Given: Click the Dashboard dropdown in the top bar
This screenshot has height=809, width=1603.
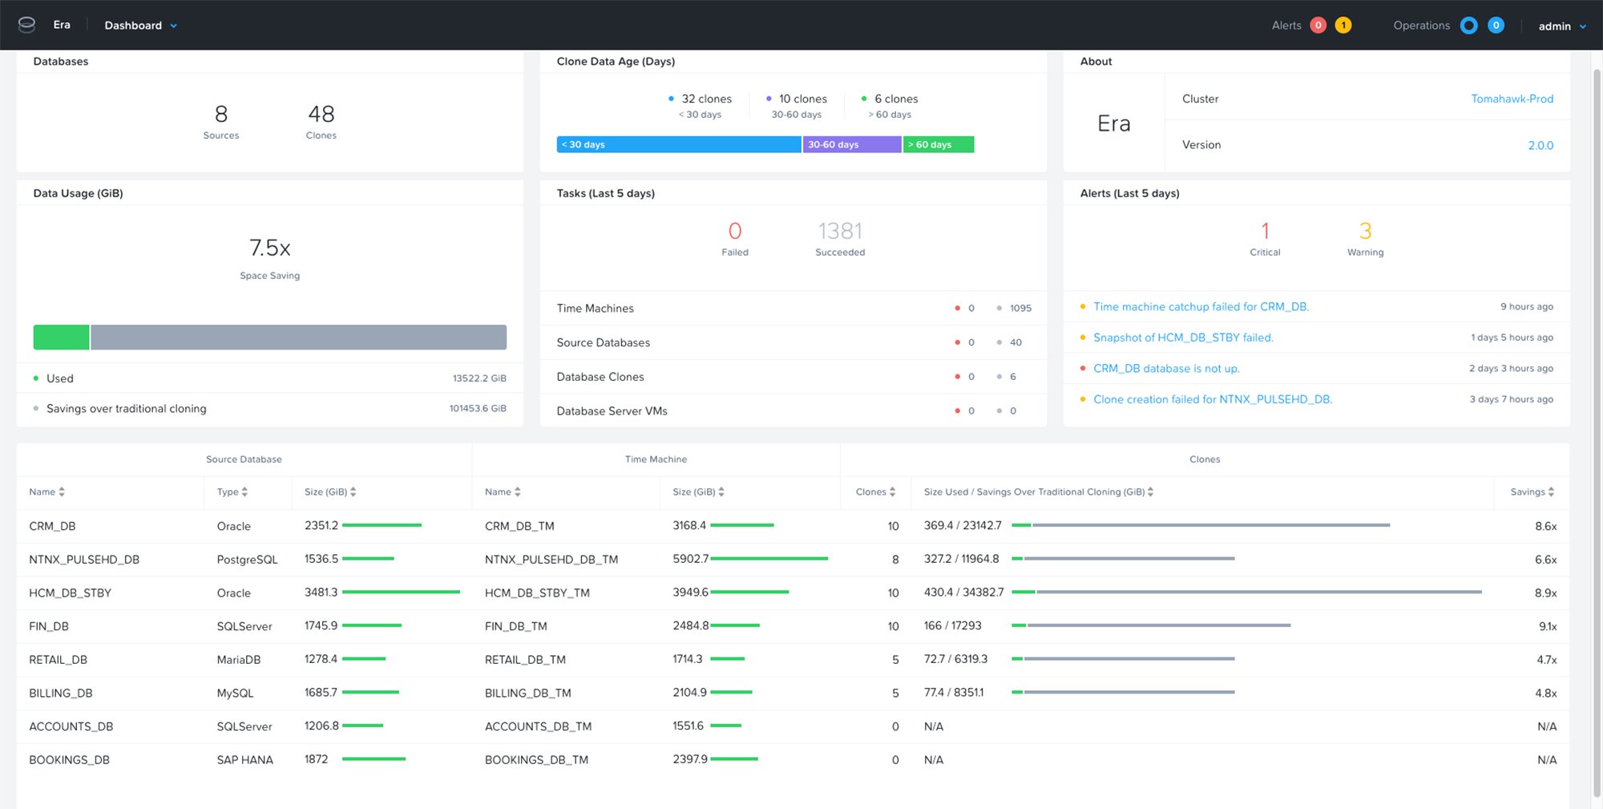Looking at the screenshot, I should (140, 26).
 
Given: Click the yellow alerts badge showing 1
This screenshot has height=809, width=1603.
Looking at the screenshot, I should (1343, 26).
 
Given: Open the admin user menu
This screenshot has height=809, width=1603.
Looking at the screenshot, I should (1561, 26).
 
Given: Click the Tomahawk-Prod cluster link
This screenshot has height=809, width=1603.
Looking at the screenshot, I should (1512, 99).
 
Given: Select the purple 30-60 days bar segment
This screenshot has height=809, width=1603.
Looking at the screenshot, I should (851, 144).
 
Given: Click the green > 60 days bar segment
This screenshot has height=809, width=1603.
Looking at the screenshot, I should (938, 144).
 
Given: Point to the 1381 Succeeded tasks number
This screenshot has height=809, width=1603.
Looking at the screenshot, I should (840, 232).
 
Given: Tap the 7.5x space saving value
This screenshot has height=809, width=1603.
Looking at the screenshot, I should (269, 248).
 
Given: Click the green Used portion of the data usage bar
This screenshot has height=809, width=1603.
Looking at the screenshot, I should (61, 338).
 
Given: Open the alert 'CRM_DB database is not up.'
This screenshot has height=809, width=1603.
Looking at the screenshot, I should (1166, 369).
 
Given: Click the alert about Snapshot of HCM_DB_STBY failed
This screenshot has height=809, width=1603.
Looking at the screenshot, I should (1183, 338).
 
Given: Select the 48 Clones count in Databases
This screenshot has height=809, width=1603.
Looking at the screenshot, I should (321, 115).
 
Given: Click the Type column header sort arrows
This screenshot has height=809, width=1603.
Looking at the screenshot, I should (244, 492).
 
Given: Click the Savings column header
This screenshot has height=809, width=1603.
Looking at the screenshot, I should (1532, 492).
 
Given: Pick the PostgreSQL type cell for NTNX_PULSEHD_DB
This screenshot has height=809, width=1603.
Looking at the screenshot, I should (247, 560).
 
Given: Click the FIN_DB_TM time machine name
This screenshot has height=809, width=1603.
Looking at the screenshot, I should (516, 626).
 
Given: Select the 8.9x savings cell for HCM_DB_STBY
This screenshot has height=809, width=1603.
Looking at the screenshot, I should (1545, 593).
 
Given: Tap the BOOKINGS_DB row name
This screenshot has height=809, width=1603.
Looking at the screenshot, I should (70, 760).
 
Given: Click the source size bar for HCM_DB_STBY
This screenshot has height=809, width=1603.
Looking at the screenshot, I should (401, 593).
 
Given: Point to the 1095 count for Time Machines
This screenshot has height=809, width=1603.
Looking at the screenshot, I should (1020, 309).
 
